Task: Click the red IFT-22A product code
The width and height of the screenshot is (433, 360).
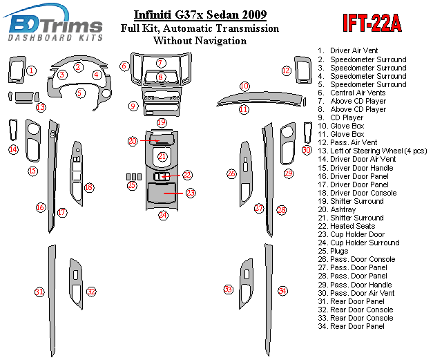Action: (x=372, y=23)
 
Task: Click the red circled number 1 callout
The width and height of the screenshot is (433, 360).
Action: (x=31, y=70)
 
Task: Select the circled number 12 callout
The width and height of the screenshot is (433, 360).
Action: (x=287, y=70)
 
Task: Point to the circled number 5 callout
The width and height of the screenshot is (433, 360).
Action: (x=80, y=93)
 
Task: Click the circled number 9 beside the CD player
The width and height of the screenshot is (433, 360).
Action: (x=133, y=106)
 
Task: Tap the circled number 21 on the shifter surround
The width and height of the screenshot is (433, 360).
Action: (x=162, y=157)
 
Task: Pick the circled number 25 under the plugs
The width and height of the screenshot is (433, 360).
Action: (x=132, y=184)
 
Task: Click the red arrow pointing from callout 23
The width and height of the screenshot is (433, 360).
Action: (x=173, y=193)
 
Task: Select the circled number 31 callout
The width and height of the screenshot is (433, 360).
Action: (x=39, y=292)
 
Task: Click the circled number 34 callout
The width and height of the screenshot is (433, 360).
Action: (x=282, y=291)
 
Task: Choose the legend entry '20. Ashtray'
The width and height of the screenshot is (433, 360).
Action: (x=337, y=209)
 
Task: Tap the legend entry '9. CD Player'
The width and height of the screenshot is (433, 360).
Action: (x=340, y=117)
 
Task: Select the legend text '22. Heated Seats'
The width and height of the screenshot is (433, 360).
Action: (x=347, y=226)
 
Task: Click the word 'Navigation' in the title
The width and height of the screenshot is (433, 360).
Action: (x=220, y=41)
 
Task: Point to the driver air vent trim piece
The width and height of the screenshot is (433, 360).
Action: (x=17, y=70)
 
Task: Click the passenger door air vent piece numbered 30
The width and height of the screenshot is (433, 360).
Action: (x=307, y=133)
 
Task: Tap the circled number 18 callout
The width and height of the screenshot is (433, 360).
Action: (x=88, y=187)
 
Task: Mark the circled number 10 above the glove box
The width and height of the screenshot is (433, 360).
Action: (x=244, y=86)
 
